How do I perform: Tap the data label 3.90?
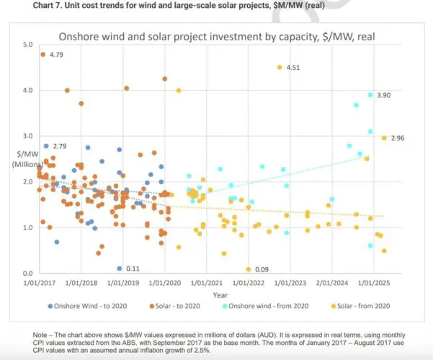(385, 95)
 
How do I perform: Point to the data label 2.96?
(398, 138)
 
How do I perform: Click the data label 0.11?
(132, 269)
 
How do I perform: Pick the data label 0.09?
(262, 269)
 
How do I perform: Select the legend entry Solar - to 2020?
(174, 306)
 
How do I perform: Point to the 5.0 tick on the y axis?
(28, 45)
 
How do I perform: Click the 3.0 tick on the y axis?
(28, 136)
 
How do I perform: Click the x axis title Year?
(220, 295)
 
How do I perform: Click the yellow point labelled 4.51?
(280, 67)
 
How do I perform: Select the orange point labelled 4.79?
(43, 55)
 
